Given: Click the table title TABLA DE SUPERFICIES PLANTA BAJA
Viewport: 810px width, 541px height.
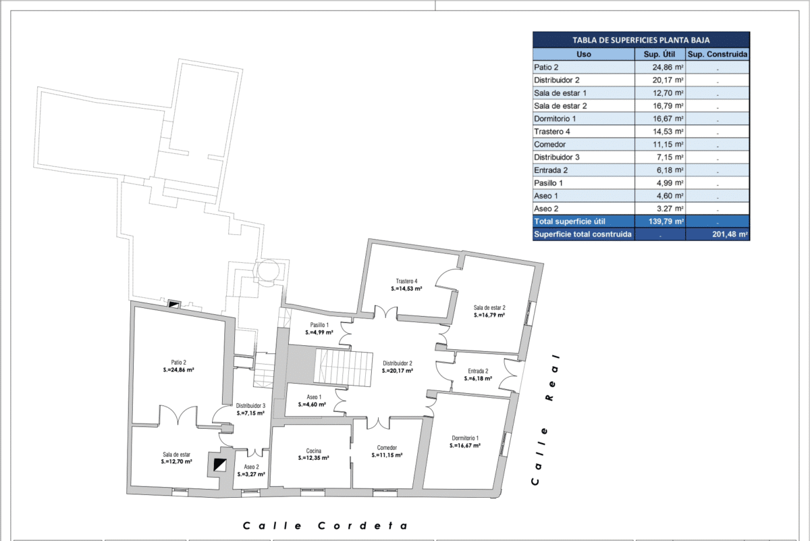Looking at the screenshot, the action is pyautogui.click(x=641, y=40).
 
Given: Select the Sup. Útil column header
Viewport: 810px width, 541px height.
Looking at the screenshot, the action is pyautogui.click(x=659, y=54).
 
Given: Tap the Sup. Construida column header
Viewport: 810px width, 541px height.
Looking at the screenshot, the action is pyautogui.click(x=718, y=54).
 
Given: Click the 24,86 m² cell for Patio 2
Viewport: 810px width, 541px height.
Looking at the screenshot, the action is pyautogui.click(x=668, y=68).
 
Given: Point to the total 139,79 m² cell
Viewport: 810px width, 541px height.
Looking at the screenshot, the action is pyautogui.click(x=666, y=221).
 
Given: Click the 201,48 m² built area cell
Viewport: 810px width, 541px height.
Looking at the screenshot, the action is pyautogui.click(x=730, y=234).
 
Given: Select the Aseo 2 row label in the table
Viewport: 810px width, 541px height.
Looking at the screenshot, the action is pyautogui.click(x=546, y=209).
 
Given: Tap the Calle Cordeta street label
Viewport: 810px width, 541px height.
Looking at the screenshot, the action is pyautogui.click(x=325, y=525).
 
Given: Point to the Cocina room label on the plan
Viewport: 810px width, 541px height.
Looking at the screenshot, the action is pyautogui.click(x=313, y=451).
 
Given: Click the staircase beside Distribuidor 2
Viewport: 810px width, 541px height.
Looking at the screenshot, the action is pyautogui.click(x=343, y=367).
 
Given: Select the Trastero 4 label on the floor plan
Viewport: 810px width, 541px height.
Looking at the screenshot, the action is pyautogui.click(x=406, y=281).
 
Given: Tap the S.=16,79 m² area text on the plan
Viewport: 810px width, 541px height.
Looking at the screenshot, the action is pyautogui.click(x=489, y=315).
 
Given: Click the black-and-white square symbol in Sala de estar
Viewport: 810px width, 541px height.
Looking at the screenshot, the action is pyautogui.click(x=220, y=465).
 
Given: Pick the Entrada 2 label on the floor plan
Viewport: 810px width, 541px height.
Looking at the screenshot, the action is pyautogui.click(x=478, y=371).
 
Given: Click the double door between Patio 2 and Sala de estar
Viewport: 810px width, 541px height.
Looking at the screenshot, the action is pyautogui.click(x=178, y=415).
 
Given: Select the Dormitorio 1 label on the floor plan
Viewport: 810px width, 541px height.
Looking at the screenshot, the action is pyautogui.click(x=465, y=438).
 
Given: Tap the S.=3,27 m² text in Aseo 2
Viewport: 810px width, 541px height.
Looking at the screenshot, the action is pyautogui.click(x=251, y=474).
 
